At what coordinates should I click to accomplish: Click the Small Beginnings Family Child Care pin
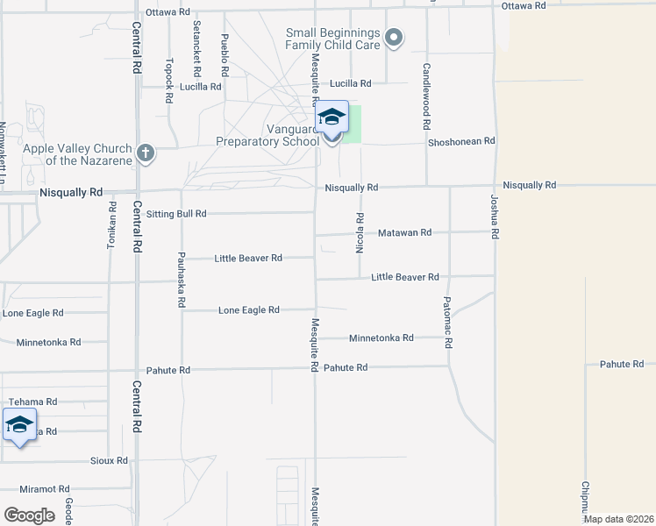(x=394, y=38)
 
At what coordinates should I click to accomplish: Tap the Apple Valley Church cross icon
(x=146, y=154)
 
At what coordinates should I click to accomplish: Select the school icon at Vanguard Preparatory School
(x=332, y=117)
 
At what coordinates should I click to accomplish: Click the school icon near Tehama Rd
(x=19, y=425)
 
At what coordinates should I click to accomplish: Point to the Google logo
(x=29, y=515)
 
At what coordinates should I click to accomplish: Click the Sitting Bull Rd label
(x=176, y=213)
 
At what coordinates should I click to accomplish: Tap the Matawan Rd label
(x=404, y=233)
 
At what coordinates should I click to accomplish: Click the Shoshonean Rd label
(x=461, y=140)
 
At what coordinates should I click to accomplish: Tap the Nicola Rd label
(x=360, y=232)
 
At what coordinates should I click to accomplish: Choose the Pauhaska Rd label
(x=181, y=279)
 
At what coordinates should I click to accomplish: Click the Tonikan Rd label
(x=111, y=227)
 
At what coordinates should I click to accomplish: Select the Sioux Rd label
(x=109, y=460)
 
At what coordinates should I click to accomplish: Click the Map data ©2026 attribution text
(x=618, y=519)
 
